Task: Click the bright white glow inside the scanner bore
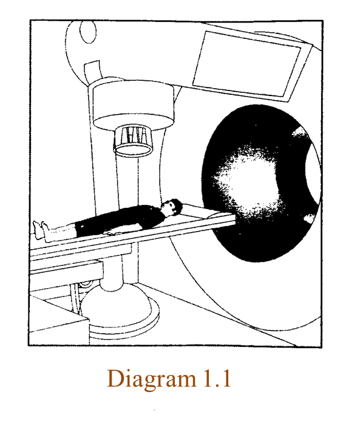[250, 182]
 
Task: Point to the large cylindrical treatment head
[133, 104]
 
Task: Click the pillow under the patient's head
[196, 210]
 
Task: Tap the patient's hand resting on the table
[110, 233]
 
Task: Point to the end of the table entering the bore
[233, 218]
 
